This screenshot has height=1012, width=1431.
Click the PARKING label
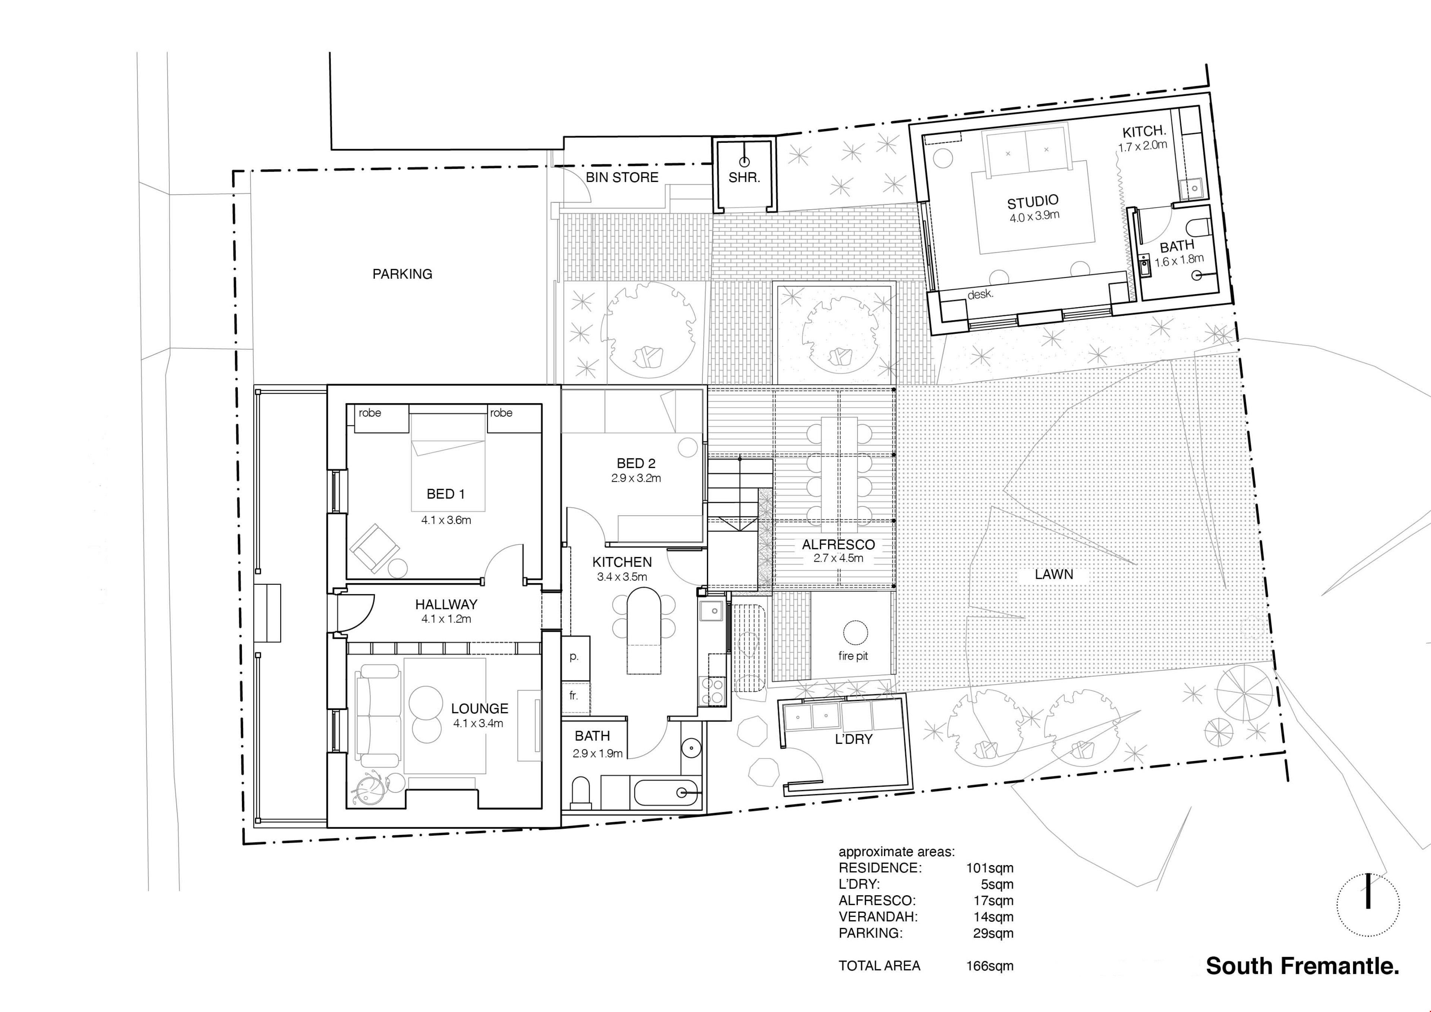(402, 274)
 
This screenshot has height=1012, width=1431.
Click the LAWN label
(1054, 574)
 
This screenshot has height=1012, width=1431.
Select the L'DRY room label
(853, 739)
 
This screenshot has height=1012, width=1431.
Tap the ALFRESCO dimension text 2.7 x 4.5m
(838, 558)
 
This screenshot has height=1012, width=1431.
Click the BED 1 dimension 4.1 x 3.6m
(446, 520)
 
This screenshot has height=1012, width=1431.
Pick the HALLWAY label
(446, 604)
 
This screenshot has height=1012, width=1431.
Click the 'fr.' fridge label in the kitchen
(574, 695)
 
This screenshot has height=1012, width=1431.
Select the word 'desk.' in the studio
(980, 294)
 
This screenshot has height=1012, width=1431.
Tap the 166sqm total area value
(990, 966)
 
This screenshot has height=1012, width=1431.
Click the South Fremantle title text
(1302, 966)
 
